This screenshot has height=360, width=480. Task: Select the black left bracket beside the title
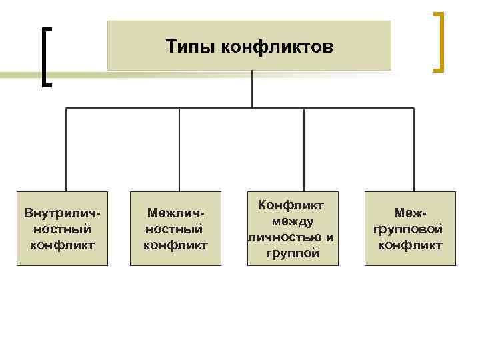45,57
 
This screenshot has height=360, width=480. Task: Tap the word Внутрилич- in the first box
62,215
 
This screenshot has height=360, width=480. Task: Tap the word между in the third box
292,222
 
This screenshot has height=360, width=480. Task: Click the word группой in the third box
292,253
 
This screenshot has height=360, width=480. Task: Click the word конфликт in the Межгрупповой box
409,245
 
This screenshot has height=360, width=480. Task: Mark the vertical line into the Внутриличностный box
66,150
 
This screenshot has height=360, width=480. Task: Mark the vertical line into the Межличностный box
179,150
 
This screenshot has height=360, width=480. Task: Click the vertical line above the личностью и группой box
304,150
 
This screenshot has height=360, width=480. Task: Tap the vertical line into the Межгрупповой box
413,150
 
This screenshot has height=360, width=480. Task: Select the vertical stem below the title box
251,89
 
